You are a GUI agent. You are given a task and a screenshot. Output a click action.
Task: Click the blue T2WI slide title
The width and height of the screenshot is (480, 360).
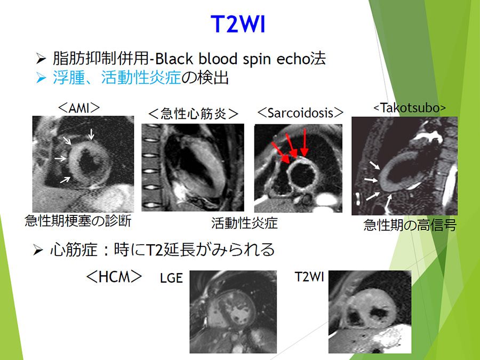[x=238, y=24]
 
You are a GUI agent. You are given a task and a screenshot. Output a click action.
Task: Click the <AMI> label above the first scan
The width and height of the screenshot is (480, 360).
[x=79, y=108]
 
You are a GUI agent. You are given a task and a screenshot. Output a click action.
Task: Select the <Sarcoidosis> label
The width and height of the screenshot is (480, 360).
[x=300, y=113]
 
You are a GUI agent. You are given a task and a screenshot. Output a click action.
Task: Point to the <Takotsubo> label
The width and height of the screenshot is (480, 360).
[x=410, y=108]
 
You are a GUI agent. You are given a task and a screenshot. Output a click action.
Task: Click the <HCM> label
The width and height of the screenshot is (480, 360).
[x=114, y=277]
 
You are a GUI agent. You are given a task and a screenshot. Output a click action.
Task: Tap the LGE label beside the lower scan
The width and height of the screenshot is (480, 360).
[x=171, y=278]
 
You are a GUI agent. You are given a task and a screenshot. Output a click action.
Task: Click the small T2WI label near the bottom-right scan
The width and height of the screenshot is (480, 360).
[x=309, y=277]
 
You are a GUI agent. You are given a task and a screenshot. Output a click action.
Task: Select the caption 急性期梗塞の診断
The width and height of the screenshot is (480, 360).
[x=78, y=221]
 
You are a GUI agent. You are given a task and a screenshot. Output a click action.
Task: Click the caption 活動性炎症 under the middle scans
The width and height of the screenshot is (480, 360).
[x=244, y=223]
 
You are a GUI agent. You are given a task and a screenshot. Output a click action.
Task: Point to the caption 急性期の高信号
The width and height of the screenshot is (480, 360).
[x=410, y=225]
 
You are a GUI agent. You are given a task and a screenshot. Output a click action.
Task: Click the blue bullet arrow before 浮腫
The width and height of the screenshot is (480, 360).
[x=41, y=78]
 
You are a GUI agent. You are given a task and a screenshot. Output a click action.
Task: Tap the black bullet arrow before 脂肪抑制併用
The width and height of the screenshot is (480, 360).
[x=41, y=59]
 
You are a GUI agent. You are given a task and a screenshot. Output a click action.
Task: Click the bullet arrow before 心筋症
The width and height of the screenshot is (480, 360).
[x=38, y=250]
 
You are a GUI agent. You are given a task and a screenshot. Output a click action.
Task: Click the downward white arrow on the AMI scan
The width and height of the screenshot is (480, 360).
[x=91, y=134]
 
